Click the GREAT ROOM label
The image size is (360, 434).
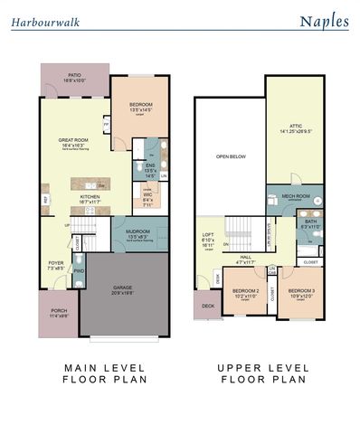[x=72, y=141]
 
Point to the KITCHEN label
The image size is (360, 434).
[x=90, y=196]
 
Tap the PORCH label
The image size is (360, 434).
[x=58, y=315]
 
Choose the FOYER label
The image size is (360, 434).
[x=56, y=265]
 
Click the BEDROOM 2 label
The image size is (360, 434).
[x=246, y=291]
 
